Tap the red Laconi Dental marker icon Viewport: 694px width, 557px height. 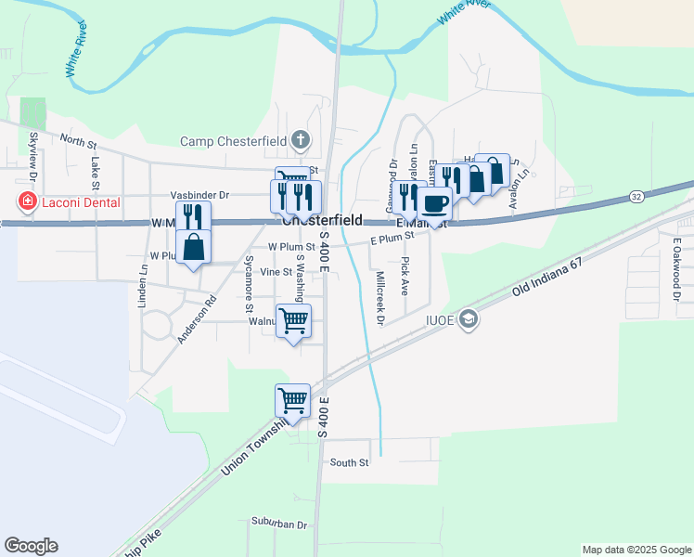pos(28,201)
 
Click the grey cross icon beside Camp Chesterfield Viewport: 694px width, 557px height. pos(300,141)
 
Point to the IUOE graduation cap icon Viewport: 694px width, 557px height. pos(469,320)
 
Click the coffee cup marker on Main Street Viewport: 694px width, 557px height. pos(433,202)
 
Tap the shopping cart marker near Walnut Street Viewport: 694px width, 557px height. pos(293,321)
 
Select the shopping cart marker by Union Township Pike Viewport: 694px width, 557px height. pos(292,401)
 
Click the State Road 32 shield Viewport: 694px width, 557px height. pos(636,197)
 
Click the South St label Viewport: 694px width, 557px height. pos(349,462)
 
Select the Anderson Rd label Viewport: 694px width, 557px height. pos(197,319)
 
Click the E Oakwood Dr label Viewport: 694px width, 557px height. pos(676,269)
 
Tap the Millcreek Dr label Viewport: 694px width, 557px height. pos(379,297)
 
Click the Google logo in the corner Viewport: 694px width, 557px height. pos(31,546)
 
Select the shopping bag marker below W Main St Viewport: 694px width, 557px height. pos(193,247)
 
